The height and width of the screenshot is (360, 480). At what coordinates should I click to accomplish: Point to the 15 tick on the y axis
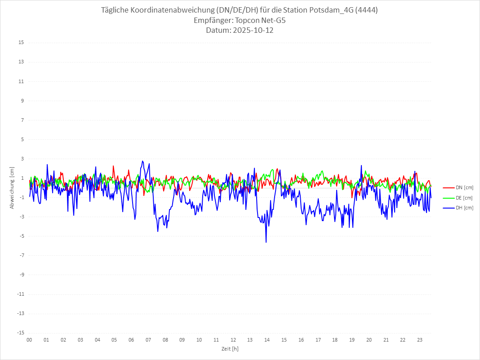point(21,43)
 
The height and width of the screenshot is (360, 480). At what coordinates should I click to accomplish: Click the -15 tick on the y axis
point(20,333)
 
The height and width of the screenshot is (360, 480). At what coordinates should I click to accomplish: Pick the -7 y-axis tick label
point(21,255)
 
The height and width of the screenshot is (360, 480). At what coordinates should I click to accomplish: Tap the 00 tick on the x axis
point(29,340)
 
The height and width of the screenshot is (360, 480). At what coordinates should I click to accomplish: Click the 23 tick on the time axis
point(420,340)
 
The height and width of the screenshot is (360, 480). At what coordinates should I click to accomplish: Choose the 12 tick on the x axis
point(233,340)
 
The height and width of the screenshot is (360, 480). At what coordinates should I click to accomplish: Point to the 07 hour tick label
point(148,340)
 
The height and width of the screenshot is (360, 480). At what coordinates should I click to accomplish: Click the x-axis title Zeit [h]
point(230,349)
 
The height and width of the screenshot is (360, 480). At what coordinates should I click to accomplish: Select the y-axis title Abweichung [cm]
point(12,188)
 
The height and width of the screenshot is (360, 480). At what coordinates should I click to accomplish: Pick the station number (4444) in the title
point(366,10)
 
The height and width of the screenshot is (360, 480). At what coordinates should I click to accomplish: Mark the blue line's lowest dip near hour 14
point(266,242)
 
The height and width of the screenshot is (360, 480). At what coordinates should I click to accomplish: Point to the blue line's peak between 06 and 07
point(142,161)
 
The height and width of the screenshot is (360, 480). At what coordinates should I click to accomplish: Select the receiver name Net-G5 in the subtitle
point(274,20)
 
